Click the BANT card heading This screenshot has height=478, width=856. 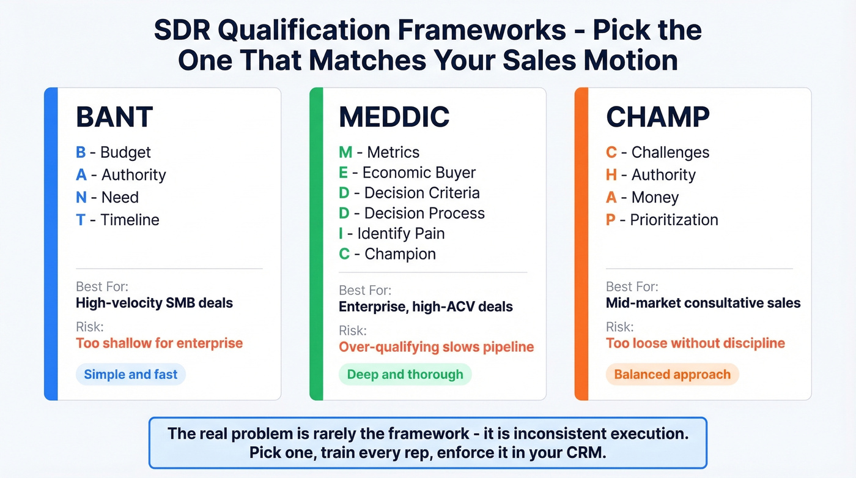tap(114, 117)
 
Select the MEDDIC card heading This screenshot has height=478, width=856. tap(394, 117)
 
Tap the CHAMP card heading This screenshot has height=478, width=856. tap(658, 117)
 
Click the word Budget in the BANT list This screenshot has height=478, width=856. tap(125, 152)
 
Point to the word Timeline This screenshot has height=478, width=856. tap(130, 220)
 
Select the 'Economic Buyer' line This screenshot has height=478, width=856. tap(419, 173)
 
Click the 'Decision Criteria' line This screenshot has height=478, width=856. tap(422, 193)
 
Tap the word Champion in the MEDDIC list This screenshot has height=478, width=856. tap(400, 254)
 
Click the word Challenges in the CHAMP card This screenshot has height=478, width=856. tap(670, 152)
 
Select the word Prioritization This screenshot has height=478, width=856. tap(674, 220)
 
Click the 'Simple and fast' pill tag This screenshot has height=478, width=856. tap(130, 375)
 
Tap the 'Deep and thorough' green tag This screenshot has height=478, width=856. tap(405, 375)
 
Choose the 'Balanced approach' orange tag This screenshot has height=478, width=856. tap(672, 375)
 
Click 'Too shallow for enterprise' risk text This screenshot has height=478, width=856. tap(159, 343)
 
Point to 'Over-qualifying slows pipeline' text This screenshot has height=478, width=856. tap(436, 347)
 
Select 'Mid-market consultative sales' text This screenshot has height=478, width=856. tap(703, 302)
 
